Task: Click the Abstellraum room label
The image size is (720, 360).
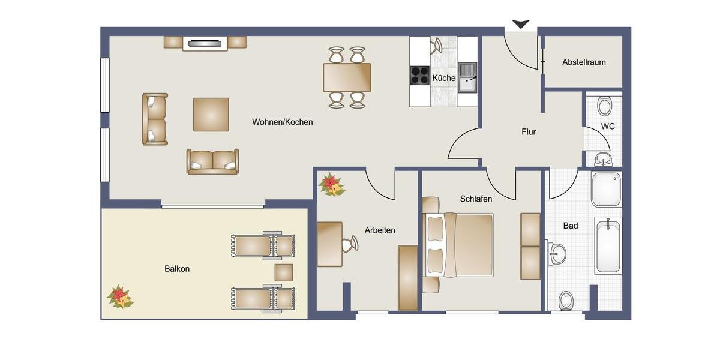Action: (x=583, y=62)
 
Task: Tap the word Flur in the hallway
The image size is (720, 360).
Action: (x=529, y=132)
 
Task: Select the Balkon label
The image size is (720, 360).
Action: (x=177, y=269)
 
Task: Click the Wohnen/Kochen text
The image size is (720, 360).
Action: (x=282, y=122)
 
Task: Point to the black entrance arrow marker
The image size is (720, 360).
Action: (x=520, y=24)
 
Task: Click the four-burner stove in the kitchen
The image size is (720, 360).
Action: (x=419, y=74)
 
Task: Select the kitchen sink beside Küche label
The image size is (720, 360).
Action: (x=467, y=78)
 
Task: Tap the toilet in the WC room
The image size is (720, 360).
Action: (x=604, y=106)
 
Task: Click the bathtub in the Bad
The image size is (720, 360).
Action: (x=608, y=245)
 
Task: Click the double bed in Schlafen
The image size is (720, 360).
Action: (x=459, y=244)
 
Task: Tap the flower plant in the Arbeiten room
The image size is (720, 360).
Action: (x=331, y=185)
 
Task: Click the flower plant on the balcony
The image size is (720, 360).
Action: (x=119, y=296)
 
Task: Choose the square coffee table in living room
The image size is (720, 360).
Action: (x=211, y=114)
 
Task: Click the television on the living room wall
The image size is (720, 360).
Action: (x=205, y=43)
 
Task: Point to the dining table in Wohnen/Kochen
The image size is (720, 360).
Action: (x=347, y=77)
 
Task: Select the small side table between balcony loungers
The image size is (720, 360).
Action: (x=283, y=272)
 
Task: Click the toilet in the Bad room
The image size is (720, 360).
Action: (x=566, y=299)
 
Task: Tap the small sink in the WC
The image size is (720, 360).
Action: (x=603, y=158)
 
